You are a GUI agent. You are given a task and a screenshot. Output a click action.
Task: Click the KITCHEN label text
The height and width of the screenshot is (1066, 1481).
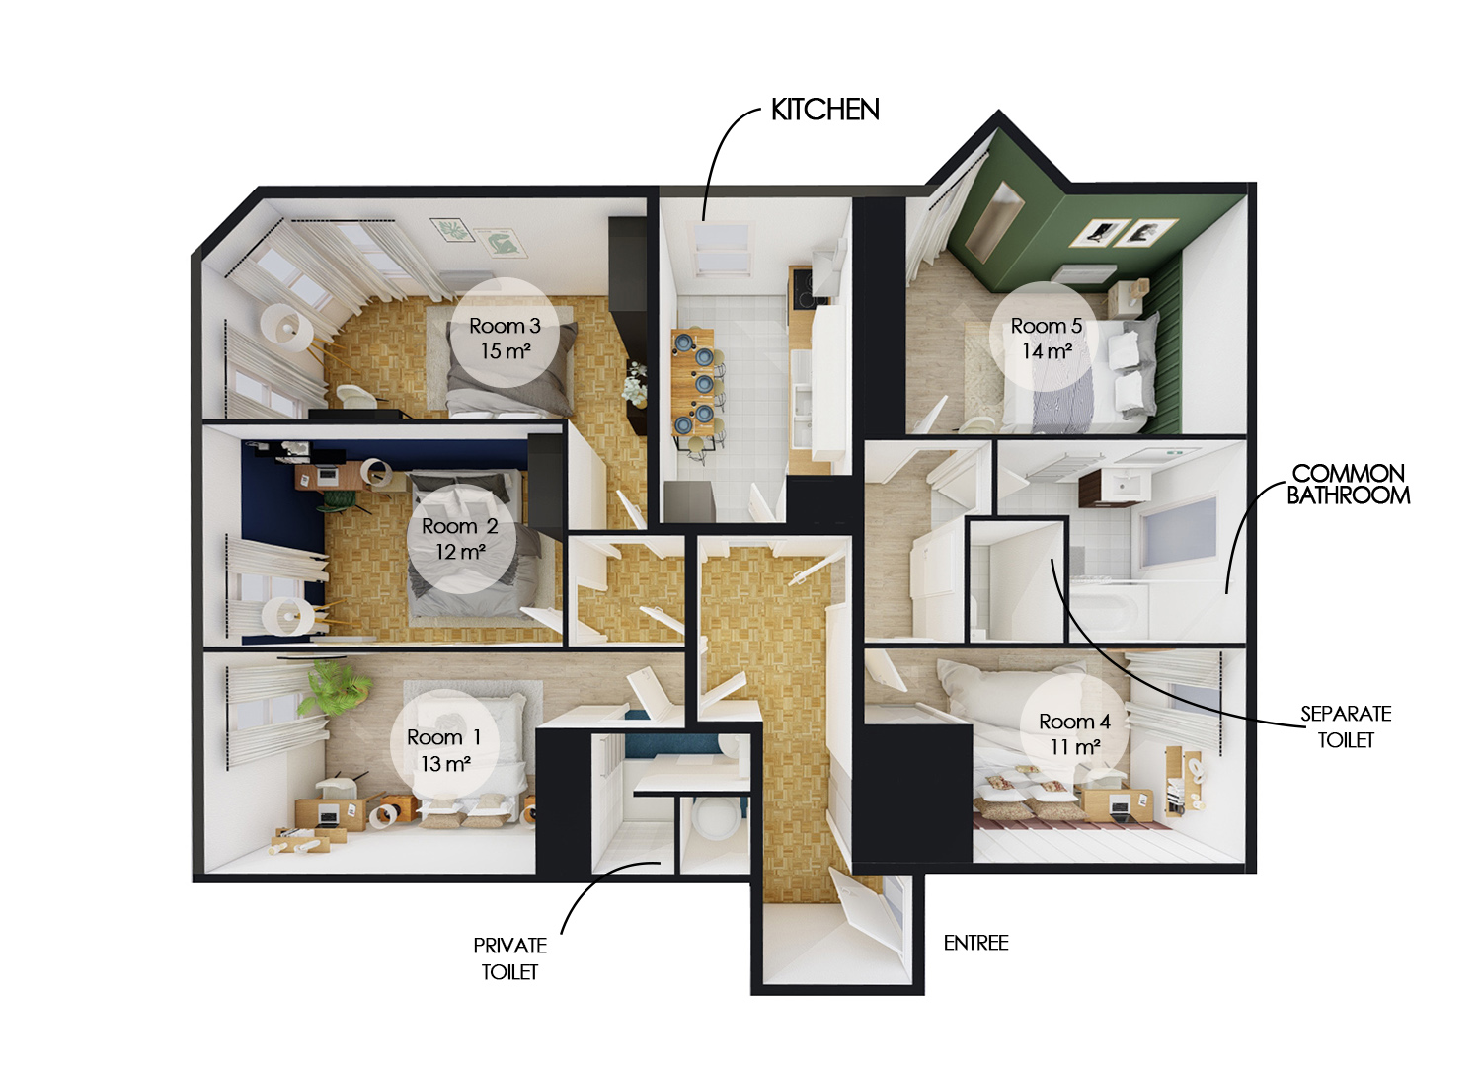825,110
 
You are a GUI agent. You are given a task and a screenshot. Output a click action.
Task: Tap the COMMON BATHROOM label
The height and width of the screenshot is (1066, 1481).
1348,485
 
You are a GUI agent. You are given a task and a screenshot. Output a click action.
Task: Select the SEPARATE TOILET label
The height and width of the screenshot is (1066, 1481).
1346,726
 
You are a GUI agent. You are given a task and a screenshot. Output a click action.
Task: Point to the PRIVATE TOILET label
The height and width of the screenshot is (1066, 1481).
509,958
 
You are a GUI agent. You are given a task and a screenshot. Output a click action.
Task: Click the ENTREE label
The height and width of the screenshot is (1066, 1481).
975,943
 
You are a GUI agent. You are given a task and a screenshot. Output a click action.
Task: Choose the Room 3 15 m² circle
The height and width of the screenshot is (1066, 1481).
506,333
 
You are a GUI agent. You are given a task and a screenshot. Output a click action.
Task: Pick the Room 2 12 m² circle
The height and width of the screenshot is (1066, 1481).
461,539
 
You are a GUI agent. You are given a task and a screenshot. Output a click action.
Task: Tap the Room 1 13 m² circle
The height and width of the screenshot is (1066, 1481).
445,744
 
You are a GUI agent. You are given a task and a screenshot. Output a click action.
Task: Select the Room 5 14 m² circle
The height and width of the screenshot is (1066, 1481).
1046,336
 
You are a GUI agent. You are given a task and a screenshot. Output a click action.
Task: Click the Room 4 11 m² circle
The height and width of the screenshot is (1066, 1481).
1075,732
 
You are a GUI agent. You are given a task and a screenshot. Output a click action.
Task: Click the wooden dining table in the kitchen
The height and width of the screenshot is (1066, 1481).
693,381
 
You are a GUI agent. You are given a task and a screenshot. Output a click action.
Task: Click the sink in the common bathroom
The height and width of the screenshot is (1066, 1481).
1123,486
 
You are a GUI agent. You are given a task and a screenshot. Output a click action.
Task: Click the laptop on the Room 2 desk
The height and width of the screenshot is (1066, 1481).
326,474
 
